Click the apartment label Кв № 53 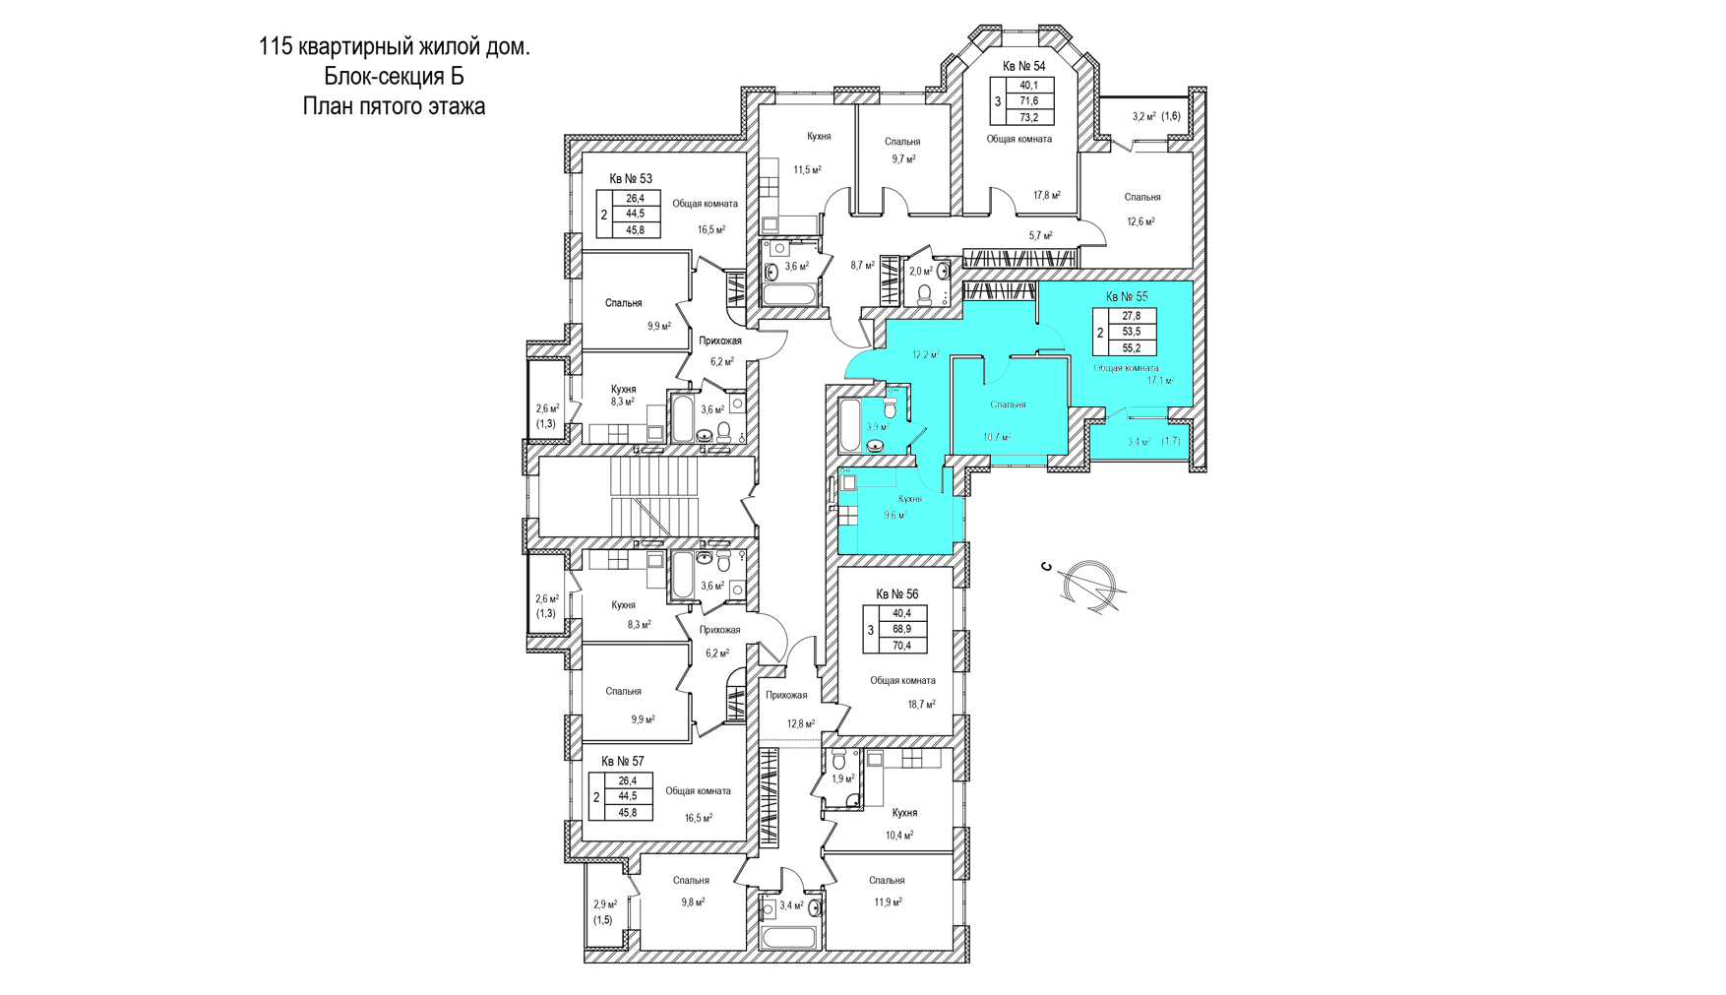point(631,179)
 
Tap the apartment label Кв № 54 point(1023,66)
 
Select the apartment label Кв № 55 point(1127,296)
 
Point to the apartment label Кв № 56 point(897,594)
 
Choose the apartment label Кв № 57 point(623,762)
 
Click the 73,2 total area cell point(1029,117)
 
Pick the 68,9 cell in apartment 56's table point(901,629)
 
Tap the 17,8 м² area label point(1047,196)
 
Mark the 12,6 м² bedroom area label point(1141,221)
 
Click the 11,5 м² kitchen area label point(808,170)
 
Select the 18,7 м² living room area point(921,705)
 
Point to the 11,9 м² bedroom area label point(888,902)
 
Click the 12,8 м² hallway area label point(801,724)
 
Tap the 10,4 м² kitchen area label point(899,836)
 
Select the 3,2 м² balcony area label point(1143,116)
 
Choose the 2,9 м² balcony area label point(605,904)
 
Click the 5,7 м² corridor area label point(1041,236)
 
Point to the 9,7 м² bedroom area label point(903,158)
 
